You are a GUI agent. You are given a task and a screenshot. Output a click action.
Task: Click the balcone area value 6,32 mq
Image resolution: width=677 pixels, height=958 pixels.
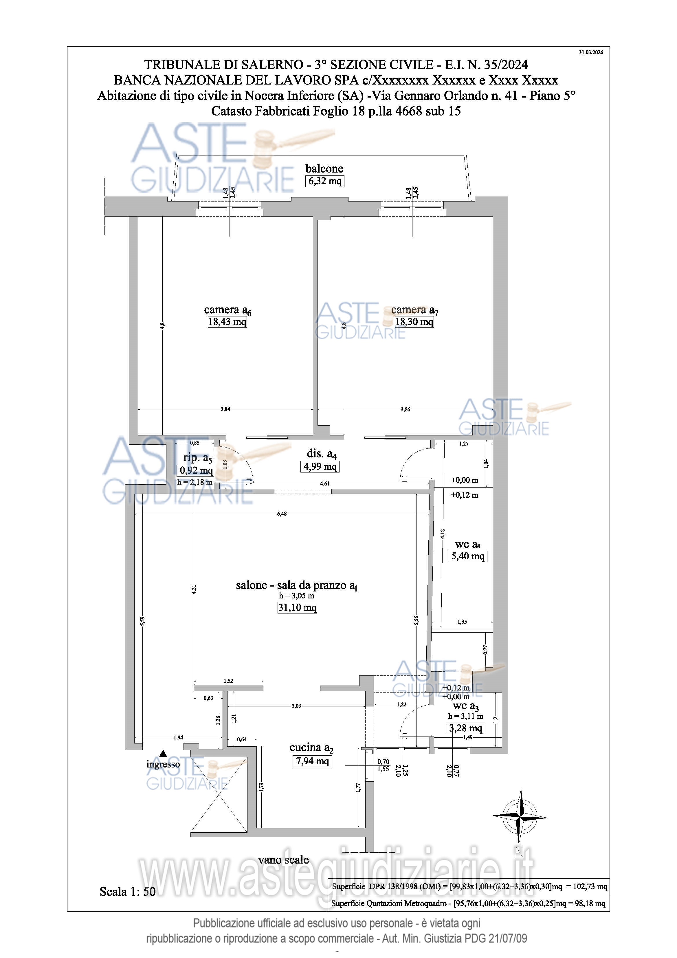pyautogui.click(x=325, y=181)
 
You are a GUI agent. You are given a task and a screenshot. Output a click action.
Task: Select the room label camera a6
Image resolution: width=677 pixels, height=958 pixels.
pyautogui.click(x=227, y=310)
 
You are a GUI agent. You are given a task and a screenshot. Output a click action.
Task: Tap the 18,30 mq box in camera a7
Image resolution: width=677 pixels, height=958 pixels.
pyautogui.click(x=414, y=322)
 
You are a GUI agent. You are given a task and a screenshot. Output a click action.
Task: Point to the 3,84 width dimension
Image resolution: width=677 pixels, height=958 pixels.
pyautogui.click(x=225, y=409)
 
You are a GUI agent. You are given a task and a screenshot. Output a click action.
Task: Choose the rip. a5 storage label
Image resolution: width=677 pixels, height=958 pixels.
pyautogui.click(x=198, y=458)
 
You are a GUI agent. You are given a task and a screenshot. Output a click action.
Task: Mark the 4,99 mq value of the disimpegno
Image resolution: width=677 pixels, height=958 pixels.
pyautogui.click(x=320, y=466)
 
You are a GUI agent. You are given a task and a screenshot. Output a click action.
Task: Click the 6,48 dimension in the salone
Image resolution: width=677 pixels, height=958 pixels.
pyautogui.click(x=282, y=514)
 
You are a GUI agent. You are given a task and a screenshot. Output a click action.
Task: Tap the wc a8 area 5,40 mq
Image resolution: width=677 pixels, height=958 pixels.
pyautogui.click(x=468, y=556)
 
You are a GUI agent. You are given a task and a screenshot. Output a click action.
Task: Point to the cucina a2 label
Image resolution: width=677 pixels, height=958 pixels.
pyautogui.click(x=312, y=748)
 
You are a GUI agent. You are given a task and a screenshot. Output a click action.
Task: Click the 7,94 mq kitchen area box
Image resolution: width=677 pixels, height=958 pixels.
pyautogui.click(x=312, y=761)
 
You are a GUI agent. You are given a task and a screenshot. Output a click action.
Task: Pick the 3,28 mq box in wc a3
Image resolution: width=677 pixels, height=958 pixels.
pyautogui.click(x=465, y=728)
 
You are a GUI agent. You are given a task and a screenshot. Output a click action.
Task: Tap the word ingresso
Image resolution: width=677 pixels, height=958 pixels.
pyautogui.click(x=163, y=764)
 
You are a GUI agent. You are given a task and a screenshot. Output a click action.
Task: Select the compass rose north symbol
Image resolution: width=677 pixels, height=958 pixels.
pyautogui.click(x=520, y=816)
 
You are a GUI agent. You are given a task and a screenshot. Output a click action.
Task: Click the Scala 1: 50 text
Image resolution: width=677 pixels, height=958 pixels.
pyautogui.click(x=128, y=892)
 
